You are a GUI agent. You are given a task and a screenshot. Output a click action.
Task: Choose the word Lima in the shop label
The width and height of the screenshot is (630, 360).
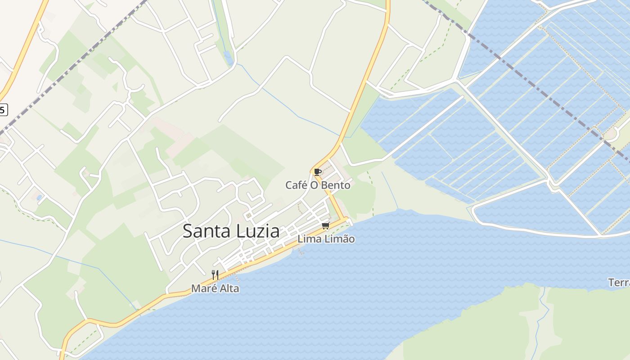click(308, 239)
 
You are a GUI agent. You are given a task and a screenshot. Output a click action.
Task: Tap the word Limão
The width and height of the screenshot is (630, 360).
click(338, 239)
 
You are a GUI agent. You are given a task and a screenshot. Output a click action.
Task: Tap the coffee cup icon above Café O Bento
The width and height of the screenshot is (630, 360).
click(317, 171)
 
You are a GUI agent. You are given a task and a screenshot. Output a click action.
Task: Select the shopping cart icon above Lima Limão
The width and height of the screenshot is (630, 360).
click(325, 225)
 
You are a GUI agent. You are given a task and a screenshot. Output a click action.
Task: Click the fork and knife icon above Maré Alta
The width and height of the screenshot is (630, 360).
click(215, 274)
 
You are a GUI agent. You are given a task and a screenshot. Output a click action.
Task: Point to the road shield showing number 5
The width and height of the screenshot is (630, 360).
click(3, 109)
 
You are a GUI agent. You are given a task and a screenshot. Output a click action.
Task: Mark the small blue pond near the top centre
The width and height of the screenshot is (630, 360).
click(228, 58)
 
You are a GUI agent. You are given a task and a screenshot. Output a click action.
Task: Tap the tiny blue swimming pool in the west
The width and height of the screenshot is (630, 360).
click(40, 197)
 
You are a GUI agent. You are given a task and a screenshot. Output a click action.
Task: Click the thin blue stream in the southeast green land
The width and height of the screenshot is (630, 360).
click(543, 315)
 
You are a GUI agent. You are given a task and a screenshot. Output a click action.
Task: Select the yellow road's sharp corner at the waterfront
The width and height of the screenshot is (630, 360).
click(346, 219)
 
